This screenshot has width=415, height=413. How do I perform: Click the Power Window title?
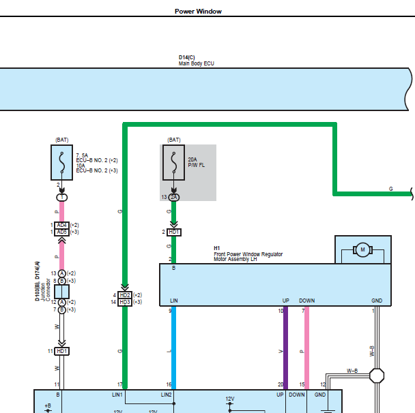pos(198,12)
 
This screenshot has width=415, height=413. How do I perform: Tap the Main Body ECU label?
pos(196,63)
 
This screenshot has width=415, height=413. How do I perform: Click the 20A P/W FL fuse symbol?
pos(173,162)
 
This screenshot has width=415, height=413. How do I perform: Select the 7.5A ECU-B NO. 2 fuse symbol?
pos(61,162)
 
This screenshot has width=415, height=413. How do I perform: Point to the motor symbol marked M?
pos(362,249)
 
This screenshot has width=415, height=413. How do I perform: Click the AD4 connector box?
pos(61,225)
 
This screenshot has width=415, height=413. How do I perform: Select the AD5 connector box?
pos(61,232)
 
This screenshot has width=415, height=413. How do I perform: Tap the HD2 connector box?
pos(125,295)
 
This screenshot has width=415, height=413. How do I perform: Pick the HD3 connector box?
pos(125,302)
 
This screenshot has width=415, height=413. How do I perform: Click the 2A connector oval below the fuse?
pos(173,197)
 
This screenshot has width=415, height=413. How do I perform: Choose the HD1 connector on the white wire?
pos(61,351)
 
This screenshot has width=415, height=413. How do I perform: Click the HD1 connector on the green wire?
pos(174,232)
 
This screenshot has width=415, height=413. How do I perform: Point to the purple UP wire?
pos(285,348)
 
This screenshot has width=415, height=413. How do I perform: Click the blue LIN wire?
pos(173,348)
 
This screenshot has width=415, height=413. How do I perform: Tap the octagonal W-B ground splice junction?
pos(377,376)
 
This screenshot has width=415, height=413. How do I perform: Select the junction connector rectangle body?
pos(61,292)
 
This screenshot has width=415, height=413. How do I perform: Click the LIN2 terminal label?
pos(167,395)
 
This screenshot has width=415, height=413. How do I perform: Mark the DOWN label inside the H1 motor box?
pos(306,301)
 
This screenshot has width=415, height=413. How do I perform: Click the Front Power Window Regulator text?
pos(248,254)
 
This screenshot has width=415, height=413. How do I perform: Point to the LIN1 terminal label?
pos(117,395)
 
